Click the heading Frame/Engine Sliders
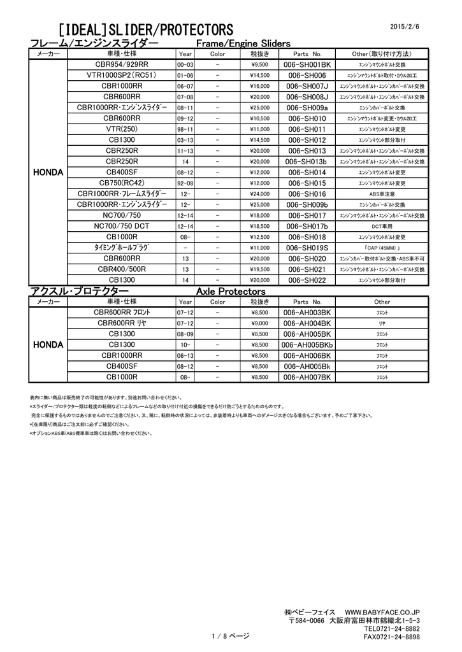[242, 43]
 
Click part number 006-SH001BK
[307, 65]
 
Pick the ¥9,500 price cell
[259, 65]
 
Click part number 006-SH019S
[307, 248]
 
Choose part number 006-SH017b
[307, 226]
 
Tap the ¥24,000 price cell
[259, 194]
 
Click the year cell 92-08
[185, 183]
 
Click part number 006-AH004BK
[307, 323]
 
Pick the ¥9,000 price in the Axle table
[259, 323]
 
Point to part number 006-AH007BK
[307, 377]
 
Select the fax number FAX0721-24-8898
[391, 636]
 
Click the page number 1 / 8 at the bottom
[230, 636]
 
